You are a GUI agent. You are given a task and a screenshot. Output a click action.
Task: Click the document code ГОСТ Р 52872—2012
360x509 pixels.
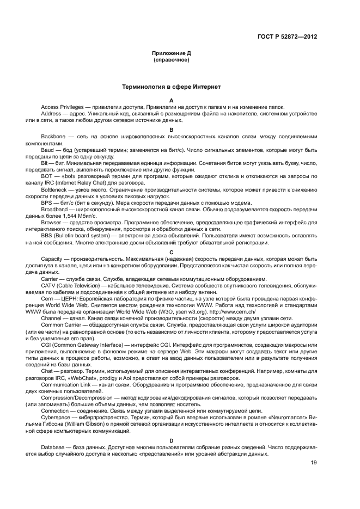[287, 36]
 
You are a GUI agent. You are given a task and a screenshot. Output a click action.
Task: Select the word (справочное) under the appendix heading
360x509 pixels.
[171, 60]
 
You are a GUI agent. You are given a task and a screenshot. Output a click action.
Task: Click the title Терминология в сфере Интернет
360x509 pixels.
[171, 86]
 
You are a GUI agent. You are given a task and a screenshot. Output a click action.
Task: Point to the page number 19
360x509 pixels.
[314, 463]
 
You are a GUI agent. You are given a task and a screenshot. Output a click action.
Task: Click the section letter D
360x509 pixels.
[171, 440]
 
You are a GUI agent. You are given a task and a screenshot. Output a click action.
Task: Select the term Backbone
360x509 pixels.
[53, 135]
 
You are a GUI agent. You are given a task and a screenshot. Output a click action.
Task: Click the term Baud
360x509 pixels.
[47, 148]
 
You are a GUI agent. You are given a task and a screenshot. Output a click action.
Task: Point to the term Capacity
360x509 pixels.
[52, 259]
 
